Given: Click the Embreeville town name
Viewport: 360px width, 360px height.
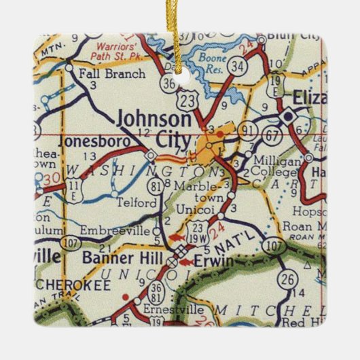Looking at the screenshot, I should (x=113, y=231).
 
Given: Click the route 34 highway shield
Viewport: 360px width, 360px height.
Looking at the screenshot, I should (x=237, y=67).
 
